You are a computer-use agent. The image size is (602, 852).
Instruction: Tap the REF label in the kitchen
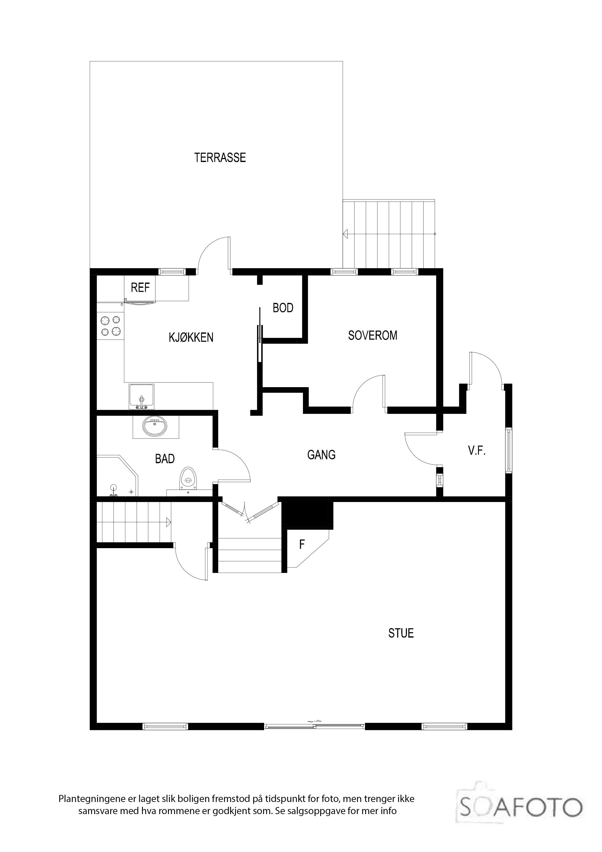pos(140,288)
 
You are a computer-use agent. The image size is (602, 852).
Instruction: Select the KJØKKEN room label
pos(191,337)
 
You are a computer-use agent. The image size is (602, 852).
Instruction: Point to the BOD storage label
pos(283,308)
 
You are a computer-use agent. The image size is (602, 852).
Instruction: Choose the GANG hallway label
pos(321,455)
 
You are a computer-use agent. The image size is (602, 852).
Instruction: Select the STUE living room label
pos(401,633)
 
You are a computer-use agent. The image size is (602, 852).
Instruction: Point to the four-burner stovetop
pos(110,326)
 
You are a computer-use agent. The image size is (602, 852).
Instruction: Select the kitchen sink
pos(141,396)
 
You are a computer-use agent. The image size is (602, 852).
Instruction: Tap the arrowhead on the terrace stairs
pos(345,234)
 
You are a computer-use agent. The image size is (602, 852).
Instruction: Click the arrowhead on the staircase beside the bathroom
pos(169,522)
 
